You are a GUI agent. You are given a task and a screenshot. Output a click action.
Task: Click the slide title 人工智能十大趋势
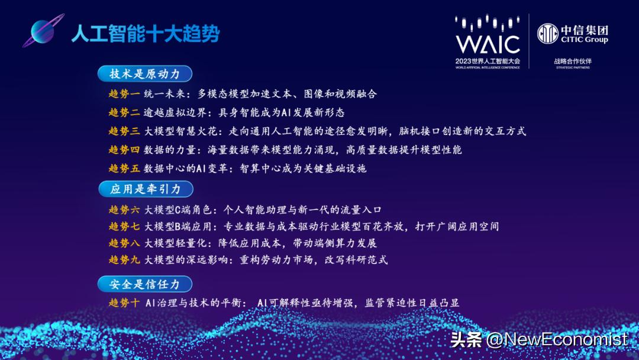coord(145,34)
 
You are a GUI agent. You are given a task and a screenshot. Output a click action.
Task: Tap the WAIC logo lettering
coord(488,44)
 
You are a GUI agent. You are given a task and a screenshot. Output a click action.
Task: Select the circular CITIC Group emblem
coord(547,34)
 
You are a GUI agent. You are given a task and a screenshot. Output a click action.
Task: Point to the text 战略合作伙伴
coord(573,60)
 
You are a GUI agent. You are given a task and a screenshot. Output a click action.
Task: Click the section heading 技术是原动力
coord(144,73)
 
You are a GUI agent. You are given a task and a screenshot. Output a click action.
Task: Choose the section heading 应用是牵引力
coord(144,189)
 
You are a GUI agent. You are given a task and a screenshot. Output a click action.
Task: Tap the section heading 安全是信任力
coord(144,284)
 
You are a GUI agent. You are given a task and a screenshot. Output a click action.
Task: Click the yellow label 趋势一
coord(124,94)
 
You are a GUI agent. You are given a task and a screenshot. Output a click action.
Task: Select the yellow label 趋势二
coord(124,112)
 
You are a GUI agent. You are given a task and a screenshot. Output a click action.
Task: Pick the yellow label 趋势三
coord(124,131)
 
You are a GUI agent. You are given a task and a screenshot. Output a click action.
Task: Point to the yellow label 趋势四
coord(124,150)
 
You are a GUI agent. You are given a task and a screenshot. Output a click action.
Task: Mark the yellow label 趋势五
coord(124,168)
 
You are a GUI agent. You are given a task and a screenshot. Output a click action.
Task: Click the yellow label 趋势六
coord(124,210)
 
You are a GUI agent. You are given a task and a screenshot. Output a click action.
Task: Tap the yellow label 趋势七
coord(124,226)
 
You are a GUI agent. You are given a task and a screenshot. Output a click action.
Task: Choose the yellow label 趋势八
coord(124,243)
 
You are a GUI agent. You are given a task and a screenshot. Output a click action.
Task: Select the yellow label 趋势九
coord(124,259)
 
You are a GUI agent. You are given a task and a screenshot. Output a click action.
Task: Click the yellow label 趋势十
coord(124,303)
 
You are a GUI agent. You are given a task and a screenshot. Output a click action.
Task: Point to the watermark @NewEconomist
coord(556,339)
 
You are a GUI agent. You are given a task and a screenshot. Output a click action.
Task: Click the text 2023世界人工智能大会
coord(488,61)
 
